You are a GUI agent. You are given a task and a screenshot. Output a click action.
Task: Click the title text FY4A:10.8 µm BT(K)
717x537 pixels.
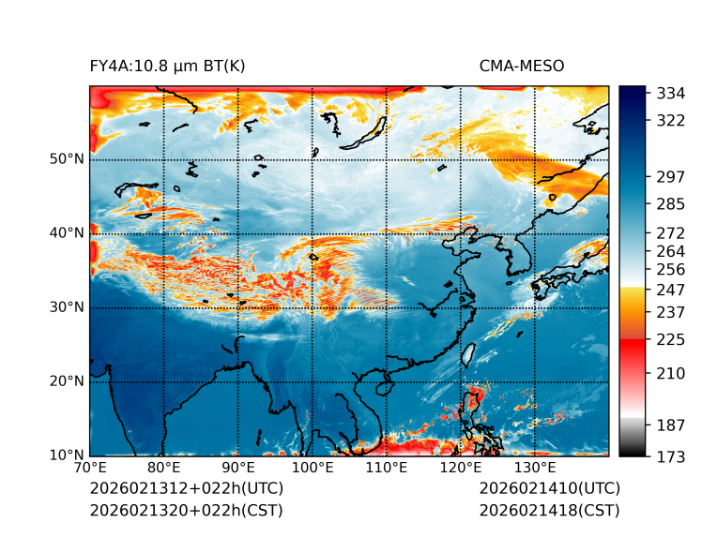[168, 67]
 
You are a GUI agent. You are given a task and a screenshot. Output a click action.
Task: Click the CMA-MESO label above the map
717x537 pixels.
[522, 67]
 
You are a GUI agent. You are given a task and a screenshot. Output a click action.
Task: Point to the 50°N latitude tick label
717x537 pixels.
[67, 159]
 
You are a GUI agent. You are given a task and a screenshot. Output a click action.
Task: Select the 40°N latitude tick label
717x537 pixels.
[67, 233]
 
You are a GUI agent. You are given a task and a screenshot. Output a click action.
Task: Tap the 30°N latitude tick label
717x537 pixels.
[67, 307]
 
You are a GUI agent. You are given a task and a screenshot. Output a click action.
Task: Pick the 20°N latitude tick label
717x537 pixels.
[67, 381]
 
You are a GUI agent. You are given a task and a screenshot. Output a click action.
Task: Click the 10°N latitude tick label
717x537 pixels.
[67, 455]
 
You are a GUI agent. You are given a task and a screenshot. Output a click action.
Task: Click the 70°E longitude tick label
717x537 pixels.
[90, 468]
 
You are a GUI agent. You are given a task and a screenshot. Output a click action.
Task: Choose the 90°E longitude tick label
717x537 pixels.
[238, 468]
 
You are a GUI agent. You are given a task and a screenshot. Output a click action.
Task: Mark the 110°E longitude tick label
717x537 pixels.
[387, 468]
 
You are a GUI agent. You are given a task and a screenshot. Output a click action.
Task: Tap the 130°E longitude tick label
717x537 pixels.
[535, 468]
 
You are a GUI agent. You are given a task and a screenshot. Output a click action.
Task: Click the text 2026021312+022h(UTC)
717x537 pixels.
[186, 489]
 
